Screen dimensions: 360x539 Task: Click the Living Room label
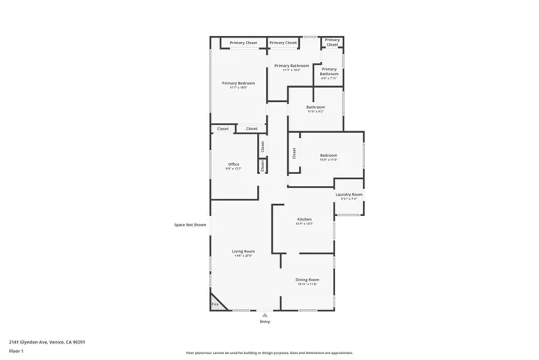pos(243,251)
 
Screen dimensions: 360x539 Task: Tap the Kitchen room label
pos(304,219)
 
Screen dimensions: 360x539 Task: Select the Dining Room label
pos(307,279)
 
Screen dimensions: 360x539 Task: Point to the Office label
pos(234,164)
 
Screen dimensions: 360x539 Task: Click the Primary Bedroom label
pos(238,82)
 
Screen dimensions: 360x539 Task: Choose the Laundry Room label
pos(349,194)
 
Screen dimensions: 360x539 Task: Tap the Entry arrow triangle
pos(265,315)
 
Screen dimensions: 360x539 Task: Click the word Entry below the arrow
pos(265,322)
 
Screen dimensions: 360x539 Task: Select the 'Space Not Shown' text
pos(190,224)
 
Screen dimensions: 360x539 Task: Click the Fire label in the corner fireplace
pos(214,304)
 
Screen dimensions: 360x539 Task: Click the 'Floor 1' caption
pos(16,351)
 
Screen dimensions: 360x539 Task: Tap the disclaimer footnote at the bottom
pos(269,352)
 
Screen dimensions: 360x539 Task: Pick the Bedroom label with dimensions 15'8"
pos(329,155)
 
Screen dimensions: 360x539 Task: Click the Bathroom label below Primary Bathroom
pos(316,107)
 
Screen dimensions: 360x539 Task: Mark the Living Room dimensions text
pos(243,256)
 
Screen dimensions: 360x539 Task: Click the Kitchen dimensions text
pos(304,223)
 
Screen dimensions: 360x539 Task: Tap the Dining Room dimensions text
pos(307,283)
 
